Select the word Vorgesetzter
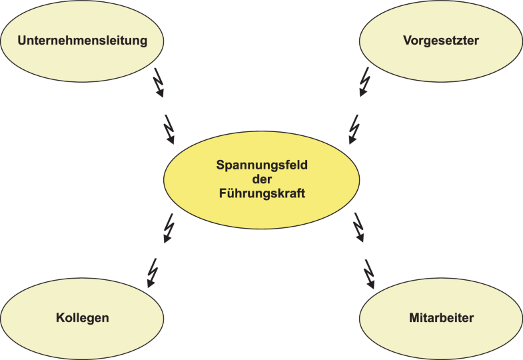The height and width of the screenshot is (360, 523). click(x=440, y=41)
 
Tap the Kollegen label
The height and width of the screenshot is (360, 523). click(x=82, y=318)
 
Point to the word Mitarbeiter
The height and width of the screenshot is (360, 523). click(x=441, y=318)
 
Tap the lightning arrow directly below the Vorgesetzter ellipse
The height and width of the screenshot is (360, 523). click(x=364, y=82)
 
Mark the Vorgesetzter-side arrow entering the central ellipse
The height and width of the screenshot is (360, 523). click(x=353, y=129)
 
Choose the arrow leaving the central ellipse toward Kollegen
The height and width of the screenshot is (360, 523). click(x=169, y=229)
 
